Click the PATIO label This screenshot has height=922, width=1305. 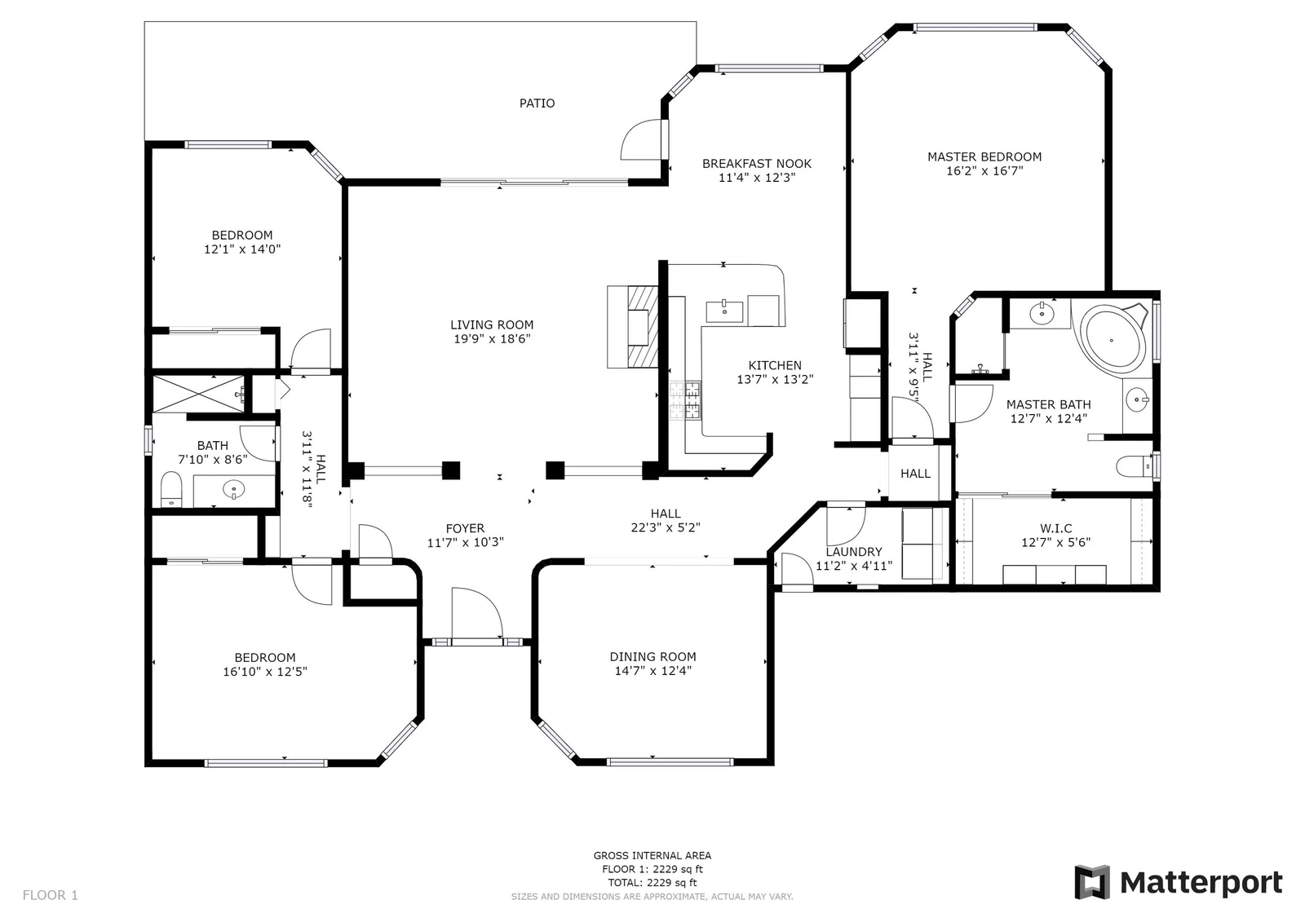[537, 103]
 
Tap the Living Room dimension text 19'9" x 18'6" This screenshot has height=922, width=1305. [492, 339]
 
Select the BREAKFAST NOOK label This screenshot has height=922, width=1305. [756, 164]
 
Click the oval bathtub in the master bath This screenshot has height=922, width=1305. [1113, 338]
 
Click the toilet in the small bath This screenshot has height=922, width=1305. [170, 490]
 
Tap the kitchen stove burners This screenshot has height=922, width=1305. [685, 400]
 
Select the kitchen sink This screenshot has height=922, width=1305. [724, 311]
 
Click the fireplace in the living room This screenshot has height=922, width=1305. [633, 327]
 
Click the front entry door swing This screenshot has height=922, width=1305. [476, 615]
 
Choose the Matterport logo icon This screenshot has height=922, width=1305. [1092, 882]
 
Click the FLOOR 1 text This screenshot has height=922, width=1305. [50, 895]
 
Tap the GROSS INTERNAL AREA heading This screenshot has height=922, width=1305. [652, 856]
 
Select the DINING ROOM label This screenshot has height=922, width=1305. [652, 656]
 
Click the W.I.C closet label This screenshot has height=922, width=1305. [1055, 528]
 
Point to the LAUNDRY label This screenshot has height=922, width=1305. [853, 552]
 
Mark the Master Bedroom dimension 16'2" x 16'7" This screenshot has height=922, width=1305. [984, 170]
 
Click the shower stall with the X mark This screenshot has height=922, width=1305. [199, 395]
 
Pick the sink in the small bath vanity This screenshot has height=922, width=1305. [234, 490]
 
